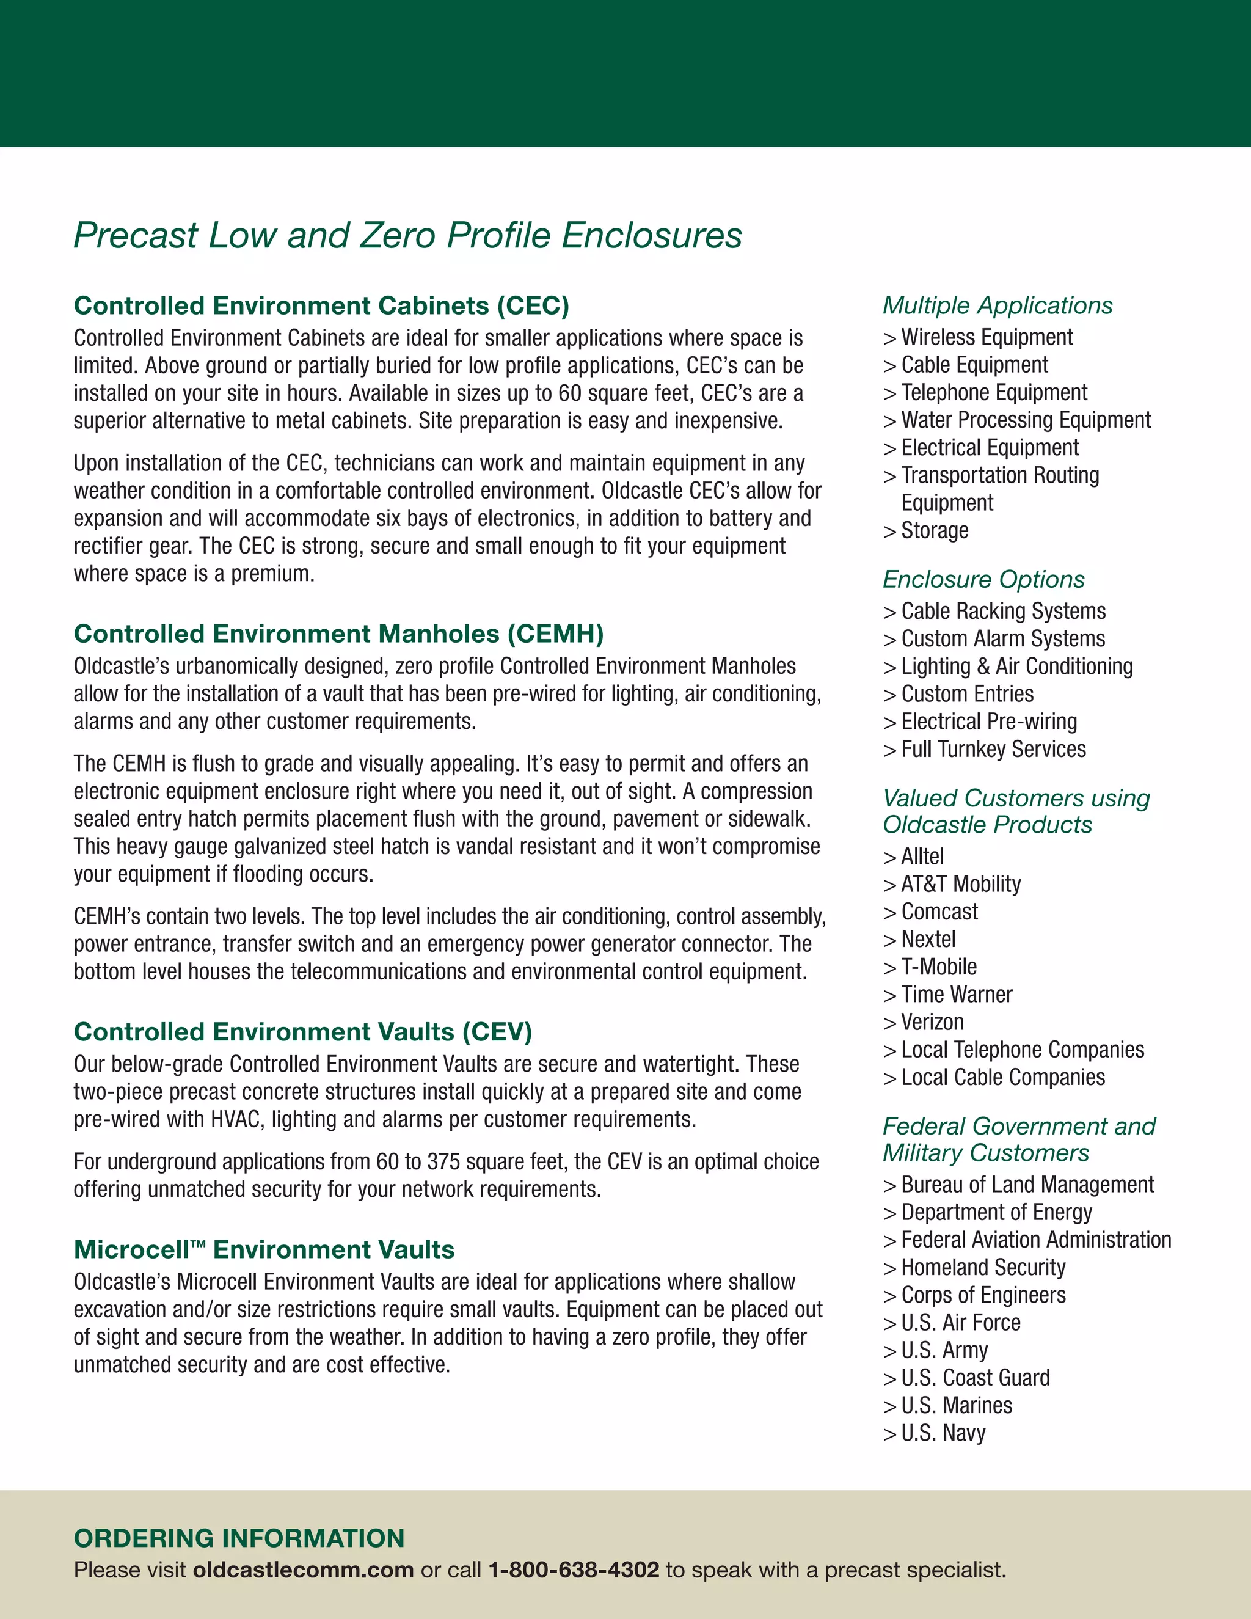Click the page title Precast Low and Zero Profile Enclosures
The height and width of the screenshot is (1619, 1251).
click(407, 236)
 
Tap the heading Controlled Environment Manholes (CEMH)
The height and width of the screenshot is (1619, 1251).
click(338, 634)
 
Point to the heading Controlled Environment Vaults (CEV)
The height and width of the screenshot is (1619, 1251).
click(303, 1032)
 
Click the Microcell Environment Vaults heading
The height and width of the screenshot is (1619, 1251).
click(264, 1250)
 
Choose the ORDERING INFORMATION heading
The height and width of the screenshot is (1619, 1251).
click(239, 1538)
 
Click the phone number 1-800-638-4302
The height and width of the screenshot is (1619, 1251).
click(574, 1570)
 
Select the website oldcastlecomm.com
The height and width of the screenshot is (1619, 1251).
click(303, 1570)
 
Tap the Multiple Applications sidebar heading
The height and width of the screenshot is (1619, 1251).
click(997, 305)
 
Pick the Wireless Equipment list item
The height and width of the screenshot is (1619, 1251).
click(987, 337)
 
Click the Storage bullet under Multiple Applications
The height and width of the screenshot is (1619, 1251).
click(935, 531)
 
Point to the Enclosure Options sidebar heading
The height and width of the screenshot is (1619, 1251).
click(983, 580)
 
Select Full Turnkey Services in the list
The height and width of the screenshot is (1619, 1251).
click(993, 750)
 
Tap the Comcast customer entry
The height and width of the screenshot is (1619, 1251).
click(939, 912)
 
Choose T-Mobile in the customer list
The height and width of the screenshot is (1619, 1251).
click(938, 967)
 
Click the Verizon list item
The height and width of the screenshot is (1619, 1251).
click(932, 1023)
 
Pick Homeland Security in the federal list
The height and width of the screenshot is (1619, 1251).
click(983, 1268)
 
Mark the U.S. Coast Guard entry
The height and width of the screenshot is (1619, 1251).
click(976, 1378)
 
